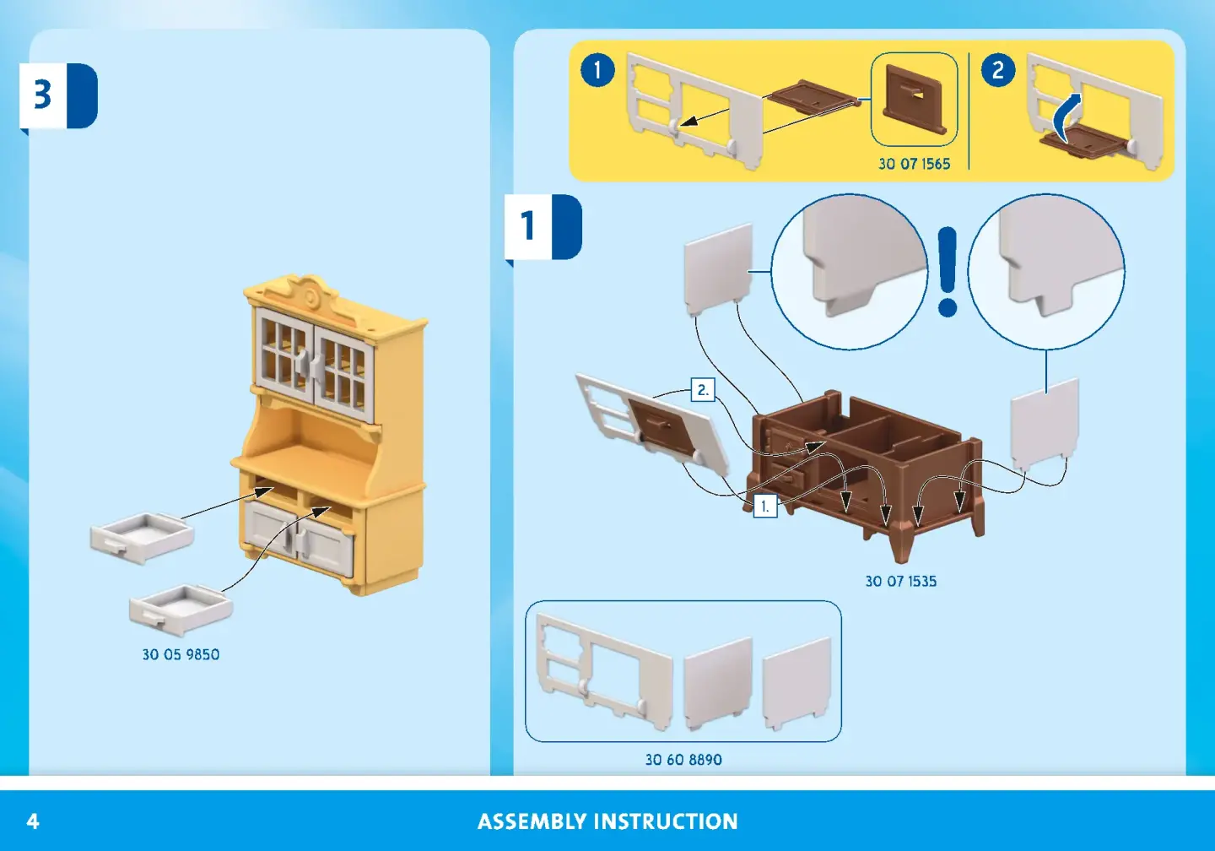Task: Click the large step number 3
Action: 42,95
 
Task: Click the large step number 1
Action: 528,225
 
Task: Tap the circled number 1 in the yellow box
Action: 597,69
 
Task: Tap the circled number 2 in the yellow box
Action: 998,69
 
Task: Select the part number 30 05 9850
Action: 181,654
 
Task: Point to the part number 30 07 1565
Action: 914,164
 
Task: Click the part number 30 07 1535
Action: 900,581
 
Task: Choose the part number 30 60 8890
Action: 683,759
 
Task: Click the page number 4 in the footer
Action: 33,821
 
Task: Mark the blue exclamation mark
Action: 948,270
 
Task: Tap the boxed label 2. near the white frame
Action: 702,390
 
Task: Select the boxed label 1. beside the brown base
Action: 764,506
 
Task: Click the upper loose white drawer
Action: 142,537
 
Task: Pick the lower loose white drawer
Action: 181,609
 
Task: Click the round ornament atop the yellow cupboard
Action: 312,297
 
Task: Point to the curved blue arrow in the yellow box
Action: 1067,117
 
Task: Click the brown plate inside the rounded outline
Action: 914,101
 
